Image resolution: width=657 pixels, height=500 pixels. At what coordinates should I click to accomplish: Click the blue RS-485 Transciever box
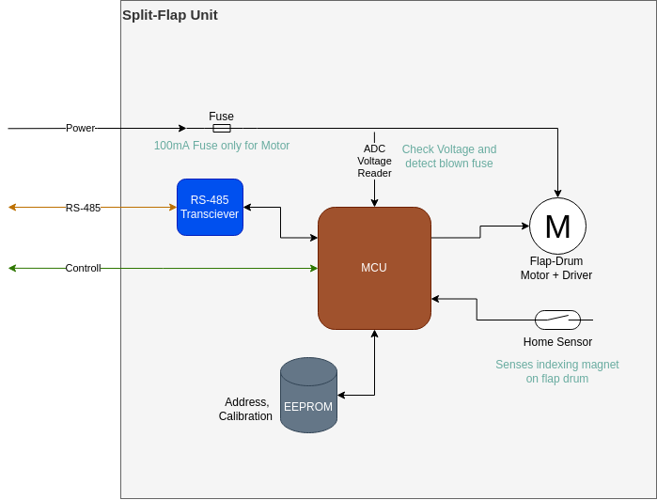click(210, 207)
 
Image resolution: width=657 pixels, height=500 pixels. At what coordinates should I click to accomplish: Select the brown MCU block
click(374, 268)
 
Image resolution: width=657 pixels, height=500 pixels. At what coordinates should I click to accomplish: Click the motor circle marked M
click(557, 227)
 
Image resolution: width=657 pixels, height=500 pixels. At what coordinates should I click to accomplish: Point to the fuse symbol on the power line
click(222, 128)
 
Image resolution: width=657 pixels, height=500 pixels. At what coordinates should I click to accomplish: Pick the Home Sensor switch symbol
click(557, 320)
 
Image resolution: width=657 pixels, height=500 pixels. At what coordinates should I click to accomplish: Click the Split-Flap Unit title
click(170, 15)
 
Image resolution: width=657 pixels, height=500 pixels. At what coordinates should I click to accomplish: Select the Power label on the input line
click(80, 128)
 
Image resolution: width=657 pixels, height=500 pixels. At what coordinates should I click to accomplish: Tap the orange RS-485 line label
click(83, 208)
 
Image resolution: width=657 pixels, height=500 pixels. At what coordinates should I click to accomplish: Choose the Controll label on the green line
click(83, 269)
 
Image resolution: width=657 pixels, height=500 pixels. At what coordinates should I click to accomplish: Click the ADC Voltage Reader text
click(374, 161)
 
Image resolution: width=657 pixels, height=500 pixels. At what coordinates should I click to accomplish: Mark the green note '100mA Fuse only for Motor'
click(222, 146)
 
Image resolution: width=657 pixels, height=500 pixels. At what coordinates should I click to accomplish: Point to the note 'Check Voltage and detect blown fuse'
click(449, 156)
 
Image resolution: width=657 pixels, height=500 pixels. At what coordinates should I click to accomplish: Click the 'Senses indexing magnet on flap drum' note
click(557, 371)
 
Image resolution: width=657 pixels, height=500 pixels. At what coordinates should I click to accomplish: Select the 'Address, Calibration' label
click(245, 409)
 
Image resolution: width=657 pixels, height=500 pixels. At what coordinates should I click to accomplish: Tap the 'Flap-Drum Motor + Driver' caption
click(556, 268)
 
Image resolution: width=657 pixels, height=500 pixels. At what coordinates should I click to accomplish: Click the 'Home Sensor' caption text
click(557, 342)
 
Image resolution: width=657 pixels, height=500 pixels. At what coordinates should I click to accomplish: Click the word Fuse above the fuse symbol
click(222, 117)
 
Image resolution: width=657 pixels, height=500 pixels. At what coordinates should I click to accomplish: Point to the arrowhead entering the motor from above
click(557, 194)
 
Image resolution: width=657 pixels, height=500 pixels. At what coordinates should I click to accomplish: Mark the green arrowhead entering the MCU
click(313, 269)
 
